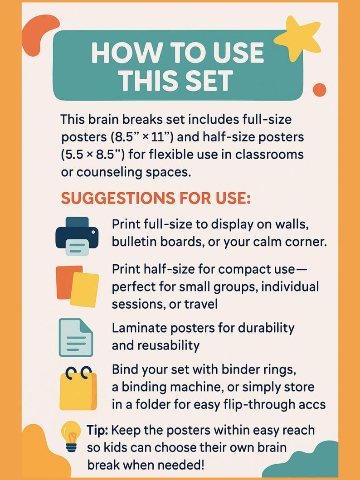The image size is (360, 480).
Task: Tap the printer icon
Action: click(77, 235)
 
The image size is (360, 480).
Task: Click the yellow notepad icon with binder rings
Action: click(78, 389)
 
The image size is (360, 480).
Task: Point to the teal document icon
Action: click(75, 337)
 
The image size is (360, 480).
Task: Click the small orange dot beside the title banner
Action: click(320, 90)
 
